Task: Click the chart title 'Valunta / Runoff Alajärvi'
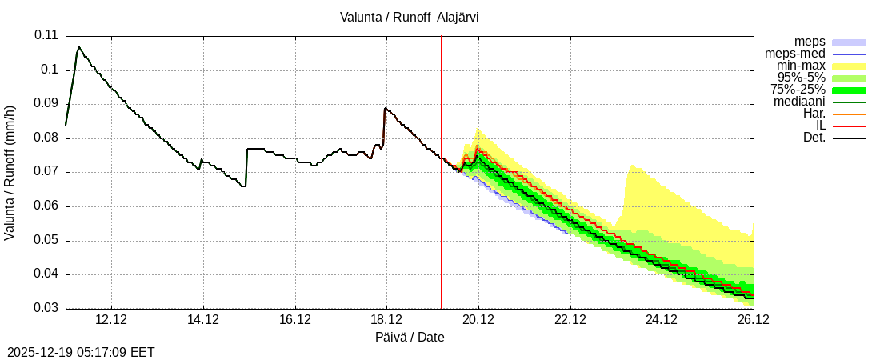pos(410,16)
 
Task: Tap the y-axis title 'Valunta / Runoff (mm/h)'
pos(10,172)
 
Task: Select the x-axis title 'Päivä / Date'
pos(410,338)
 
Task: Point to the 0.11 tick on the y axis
pos(46,35)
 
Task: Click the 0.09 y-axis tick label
pos(46,104)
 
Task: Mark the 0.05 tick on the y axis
pos(46,241)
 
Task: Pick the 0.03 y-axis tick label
pos(46,309)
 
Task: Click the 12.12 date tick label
pos(111,320)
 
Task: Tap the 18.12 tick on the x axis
pos(386,320)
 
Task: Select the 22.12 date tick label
pos(570,320)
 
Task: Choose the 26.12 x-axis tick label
pos(753,320)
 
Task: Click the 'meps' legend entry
pos(810,42)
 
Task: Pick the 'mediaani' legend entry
pos(799,102)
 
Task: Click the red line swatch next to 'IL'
pos(849,126)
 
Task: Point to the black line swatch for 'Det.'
pos(849,138)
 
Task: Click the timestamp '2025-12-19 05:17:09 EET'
pos(81,352)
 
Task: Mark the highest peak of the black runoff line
pos(78,47)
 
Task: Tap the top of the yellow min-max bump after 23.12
pos(632,165)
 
